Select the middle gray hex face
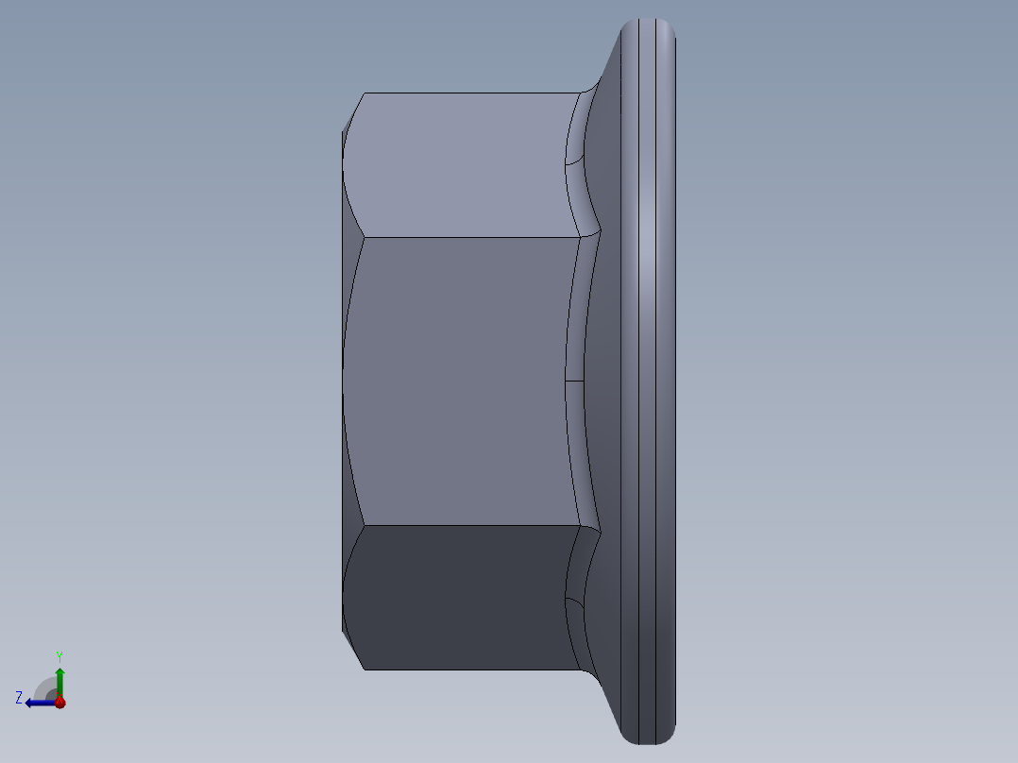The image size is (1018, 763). [x=458, y=378]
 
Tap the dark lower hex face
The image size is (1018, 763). [x=458, y=597]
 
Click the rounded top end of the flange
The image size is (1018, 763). [x=647, y=33]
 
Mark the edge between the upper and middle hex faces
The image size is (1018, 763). [x=467, y=237]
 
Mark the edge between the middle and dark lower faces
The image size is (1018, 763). [x=467, y=525]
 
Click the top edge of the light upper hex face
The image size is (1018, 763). [x=467, y=93]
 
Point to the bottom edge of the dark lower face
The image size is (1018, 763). [x=467, y=670]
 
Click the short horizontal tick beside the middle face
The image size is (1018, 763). [x=574, y=381]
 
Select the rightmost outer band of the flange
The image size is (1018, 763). [x=666, y=378]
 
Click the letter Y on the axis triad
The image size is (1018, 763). [x=59, y=655]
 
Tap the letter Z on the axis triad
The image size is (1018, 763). [x=19, y=698]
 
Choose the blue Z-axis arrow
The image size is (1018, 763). [x=38, y=703]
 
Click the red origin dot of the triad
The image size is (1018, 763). [x=59, y=703]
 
